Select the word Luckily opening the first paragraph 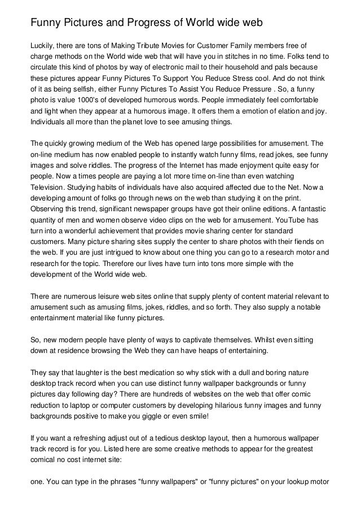(42, 46)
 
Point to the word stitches (243, 56)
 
